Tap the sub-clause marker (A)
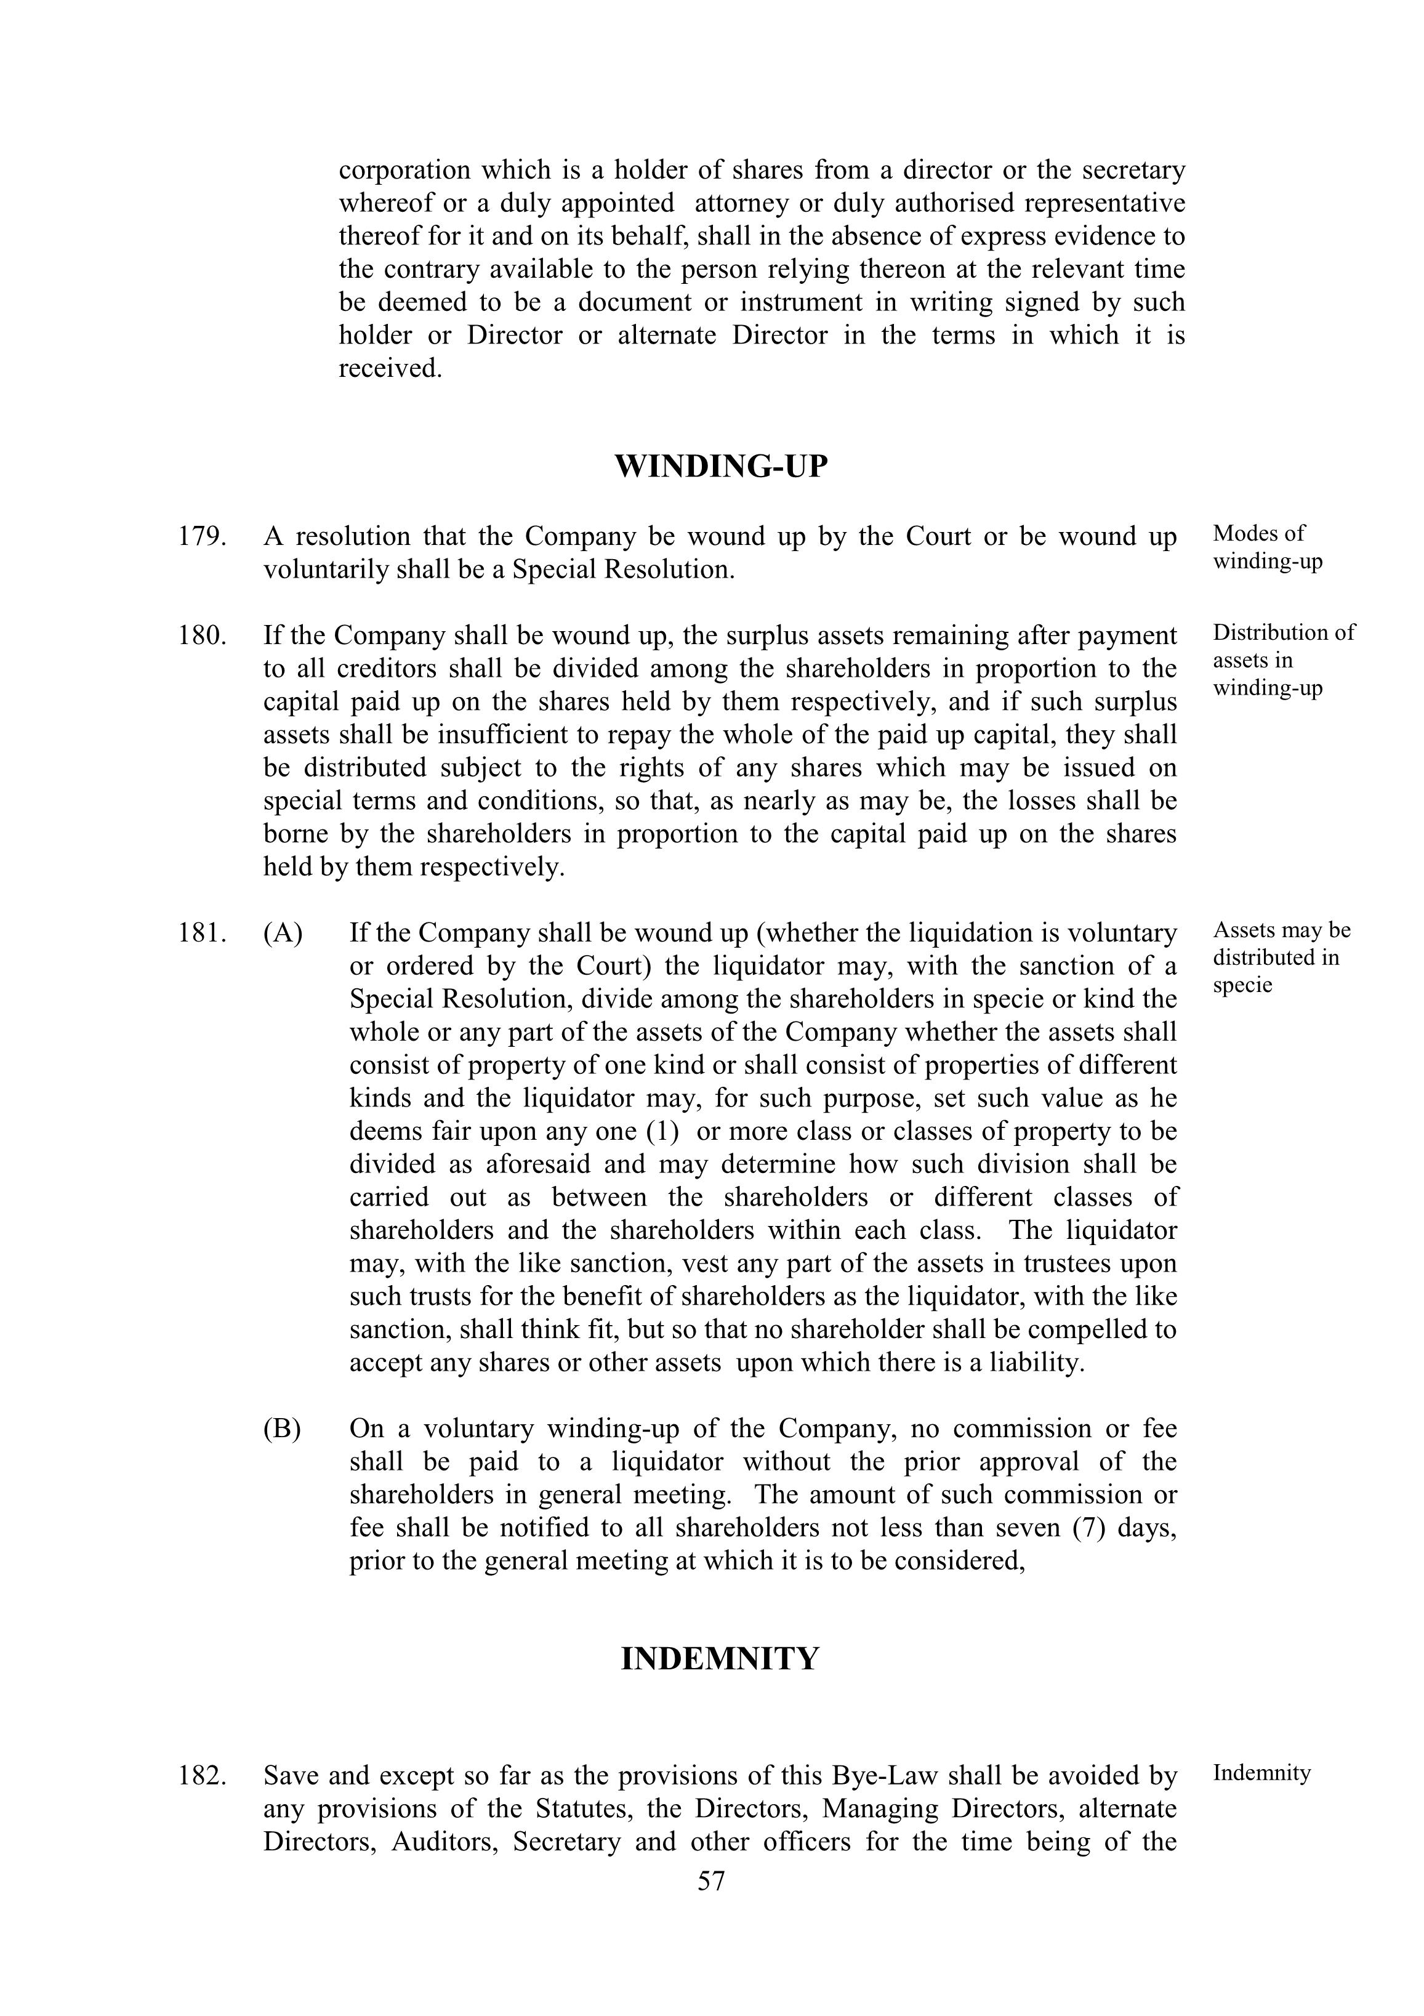(283, 932)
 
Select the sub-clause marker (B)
(283, 1429)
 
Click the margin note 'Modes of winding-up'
(1267, 547)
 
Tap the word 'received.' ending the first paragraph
(390, 369)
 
